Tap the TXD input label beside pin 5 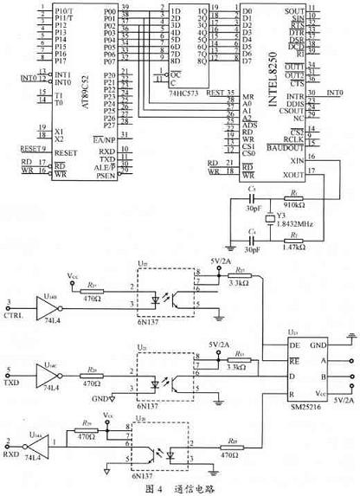coord(11,380)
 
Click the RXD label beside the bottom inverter coord(11,450)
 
